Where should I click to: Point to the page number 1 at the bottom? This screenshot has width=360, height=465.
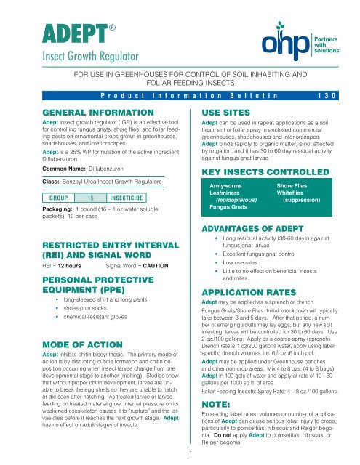180,454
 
